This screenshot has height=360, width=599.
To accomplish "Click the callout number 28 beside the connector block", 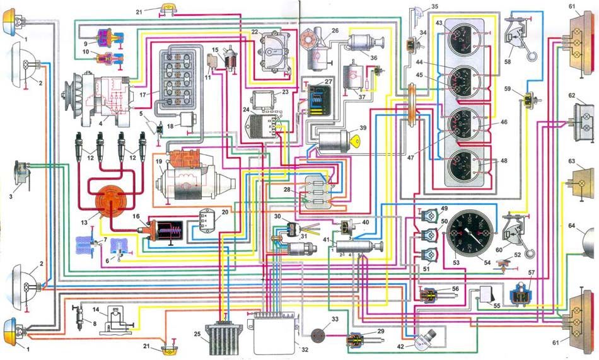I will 288,190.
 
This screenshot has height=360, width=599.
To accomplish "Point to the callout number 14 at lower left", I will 96,310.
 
